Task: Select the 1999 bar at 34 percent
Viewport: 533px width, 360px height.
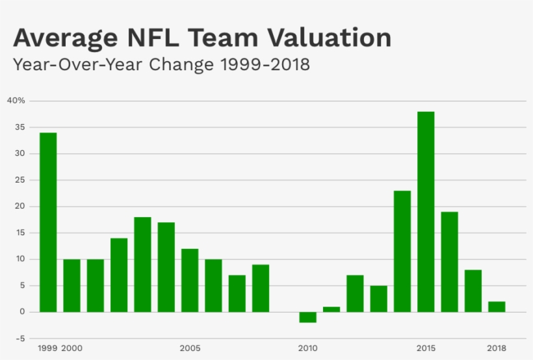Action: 48,222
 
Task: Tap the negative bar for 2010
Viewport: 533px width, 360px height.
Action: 307,317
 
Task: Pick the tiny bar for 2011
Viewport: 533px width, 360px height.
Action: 331,309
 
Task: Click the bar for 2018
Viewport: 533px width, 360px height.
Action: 497,307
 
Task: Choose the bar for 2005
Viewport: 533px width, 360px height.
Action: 190,280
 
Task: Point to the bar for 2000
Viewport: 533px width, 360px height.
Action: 71,285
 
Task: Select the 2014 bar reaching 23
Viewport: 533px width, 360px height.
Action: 402,251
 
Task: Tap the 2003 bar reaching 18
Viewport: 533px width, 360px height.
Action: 142,264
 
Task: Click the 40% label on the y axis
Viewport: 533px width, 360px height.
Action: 16,101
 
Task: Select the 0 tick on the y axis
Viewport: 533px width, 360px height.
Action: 23,312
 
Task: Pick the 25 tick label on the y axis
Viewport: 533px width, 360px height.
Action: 20,180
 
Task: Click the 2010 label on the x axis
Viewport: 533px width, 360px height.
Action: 308,348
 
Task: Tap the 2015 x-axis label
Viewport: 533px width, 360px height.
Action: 426,348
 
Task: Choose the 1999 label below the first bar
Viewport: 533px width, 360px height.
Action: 47,348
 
